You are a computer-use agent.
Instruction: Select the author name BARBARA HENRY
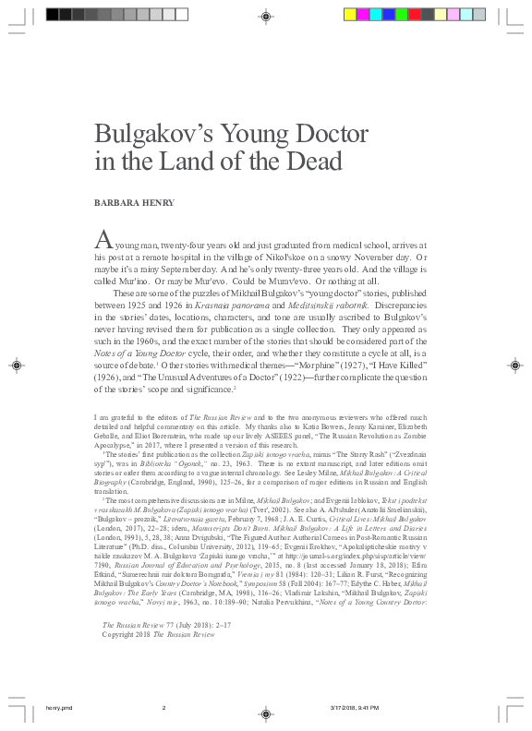(x=132, y=200)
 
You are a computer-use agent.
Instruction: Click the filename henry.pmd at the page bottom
(x=58, y=708)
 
